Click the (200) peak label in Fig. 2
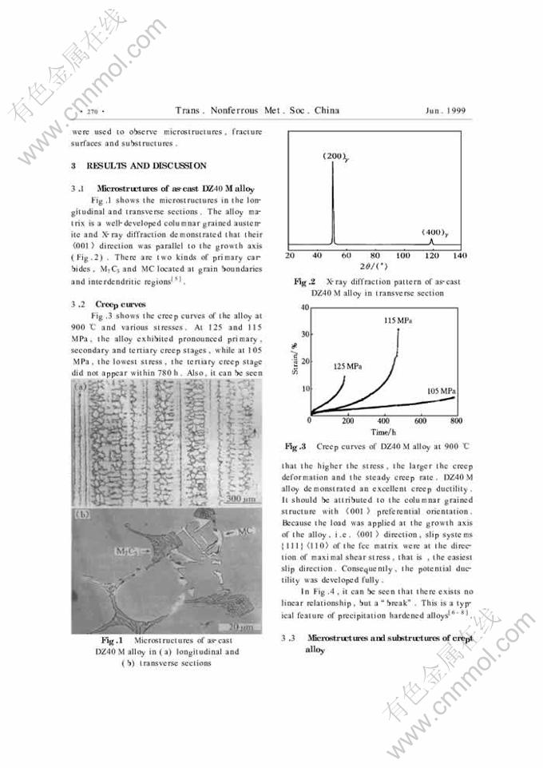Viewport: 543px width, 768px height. click(334, 156)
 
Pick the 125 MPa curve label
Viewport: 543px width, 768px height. click(349, 366)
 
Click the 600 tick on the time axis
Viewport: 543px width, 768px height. click(420, 420)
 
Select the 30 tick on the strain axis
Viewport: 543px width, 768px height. click(304, 333)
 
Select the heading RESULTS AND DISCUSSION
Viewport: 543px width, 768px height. click(144, 165)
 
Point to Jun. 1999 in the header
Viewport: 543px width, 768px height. click(446, 111)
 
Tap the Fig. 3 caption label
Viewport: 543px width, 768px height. click(295, 446)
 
